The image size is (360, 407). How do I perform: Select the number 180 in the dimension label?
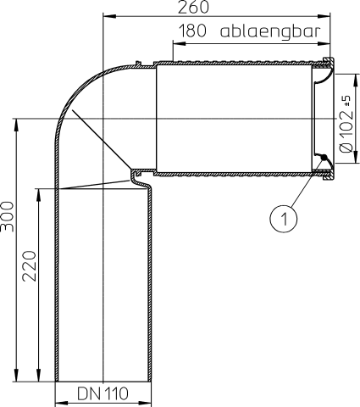(x=193, y=31)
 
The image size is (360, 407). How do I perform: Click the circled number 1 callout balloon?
(x=285, y=218)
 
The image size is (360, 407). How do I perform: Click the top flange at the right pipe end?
(x=330, y=60)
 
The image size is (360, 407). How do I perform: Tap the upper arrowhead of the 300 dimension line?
(x=16, y=125)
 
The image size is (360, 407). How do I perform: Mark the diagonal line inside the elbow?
(x=100, y=139)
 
